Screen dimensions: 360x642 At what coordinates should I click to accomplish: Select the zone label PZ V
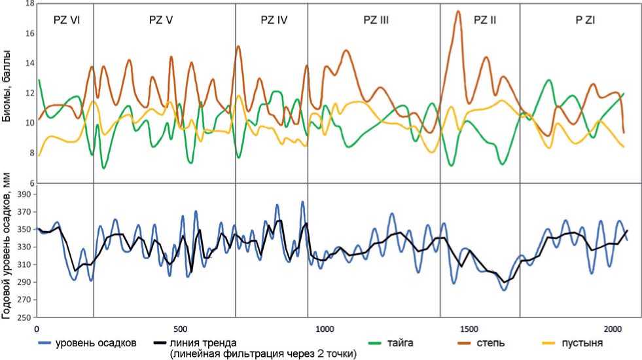coord(160,20)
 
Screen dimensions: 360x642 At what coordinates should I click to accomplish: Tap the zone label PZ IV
coord(274,20)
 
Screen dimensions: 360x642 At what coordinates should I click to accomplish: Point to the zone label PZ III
coord(376,20)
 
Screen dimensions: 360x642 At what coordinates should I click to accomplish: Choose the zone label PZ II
coord(485,20)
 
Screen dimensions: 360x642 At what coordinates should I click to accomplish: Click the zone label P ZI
coord(585,20)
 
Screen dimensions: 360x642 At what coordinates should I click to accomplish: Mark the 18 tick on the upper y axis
coord(28,3)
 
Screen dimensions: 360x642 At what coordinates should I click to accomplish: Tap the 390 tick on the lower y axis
coord(26,194)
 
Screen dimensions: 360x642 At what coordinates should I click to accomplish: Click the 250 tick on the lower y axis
coord(26,318)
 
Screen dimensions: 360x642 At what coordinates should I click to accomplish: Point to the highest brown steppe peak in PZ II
coord(458,11)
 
